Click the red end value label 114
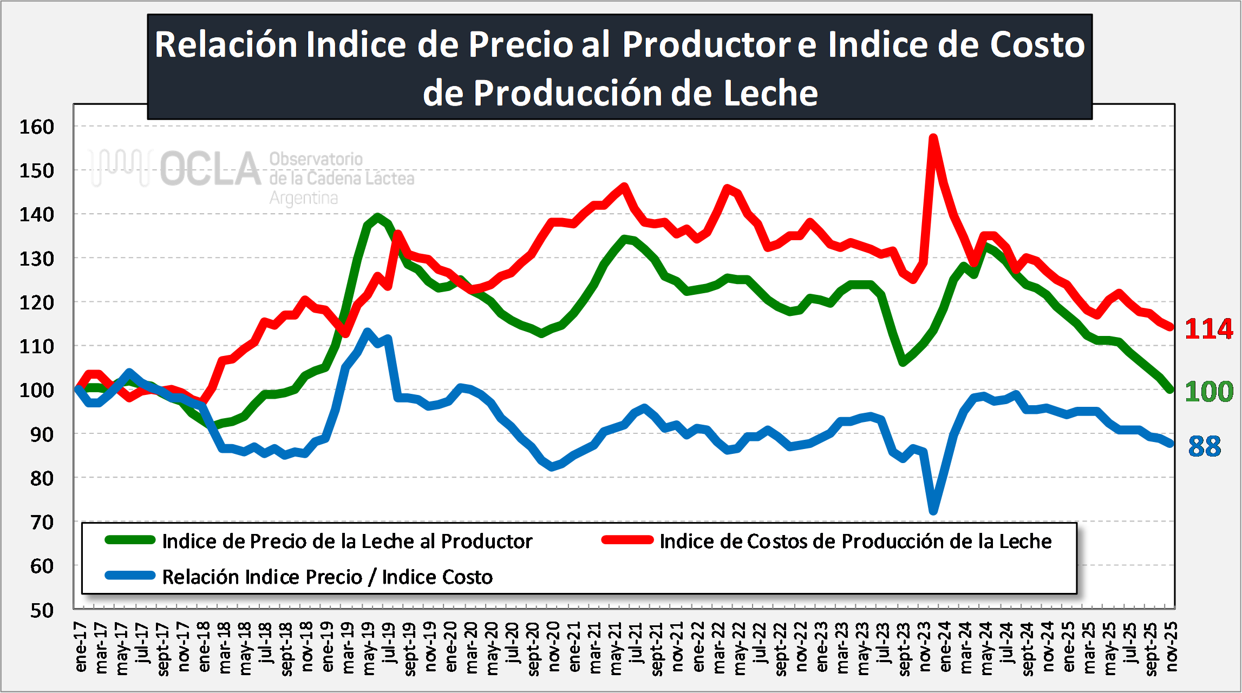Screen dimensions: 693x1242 pyautogui.click(x=1208, y=329)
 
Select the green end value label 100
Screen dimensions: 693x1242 pyautogui.click(x=1208, y=391)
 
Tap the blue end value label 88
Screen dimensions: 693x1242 pyautogui.click(x=1205, y=446)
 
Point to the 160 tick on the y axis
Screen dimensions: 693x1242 pyautogui.click(x=37, y=127)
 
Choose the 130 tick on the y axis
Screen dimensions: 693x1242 pyautogui.click(x=37, y=259)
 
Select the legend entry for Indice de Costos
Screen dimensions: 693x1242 pyautogui.click(x=855, y=541)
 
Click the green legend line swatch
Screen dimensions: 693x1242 pyautogui.click(x=130, y=540)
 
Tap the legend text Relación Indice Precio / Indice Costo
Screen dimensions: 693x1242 pyautogui.click(x=327, y=577)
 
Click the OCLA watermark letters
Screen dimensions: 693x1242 pyautogui.click(x=210, y=169)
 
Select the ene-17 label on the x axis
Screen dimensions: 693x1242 pyautogui.click(x=81, y=648)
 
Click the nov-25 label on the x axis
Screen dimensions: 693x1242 pyautogui.click(x=1171, y=648)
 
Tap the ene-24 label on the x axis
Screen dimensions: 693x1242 pyautogui.click(x=945, y=648)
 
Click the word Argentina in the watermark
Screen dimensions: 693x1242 pyautogui.click(x=304, y=199)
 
